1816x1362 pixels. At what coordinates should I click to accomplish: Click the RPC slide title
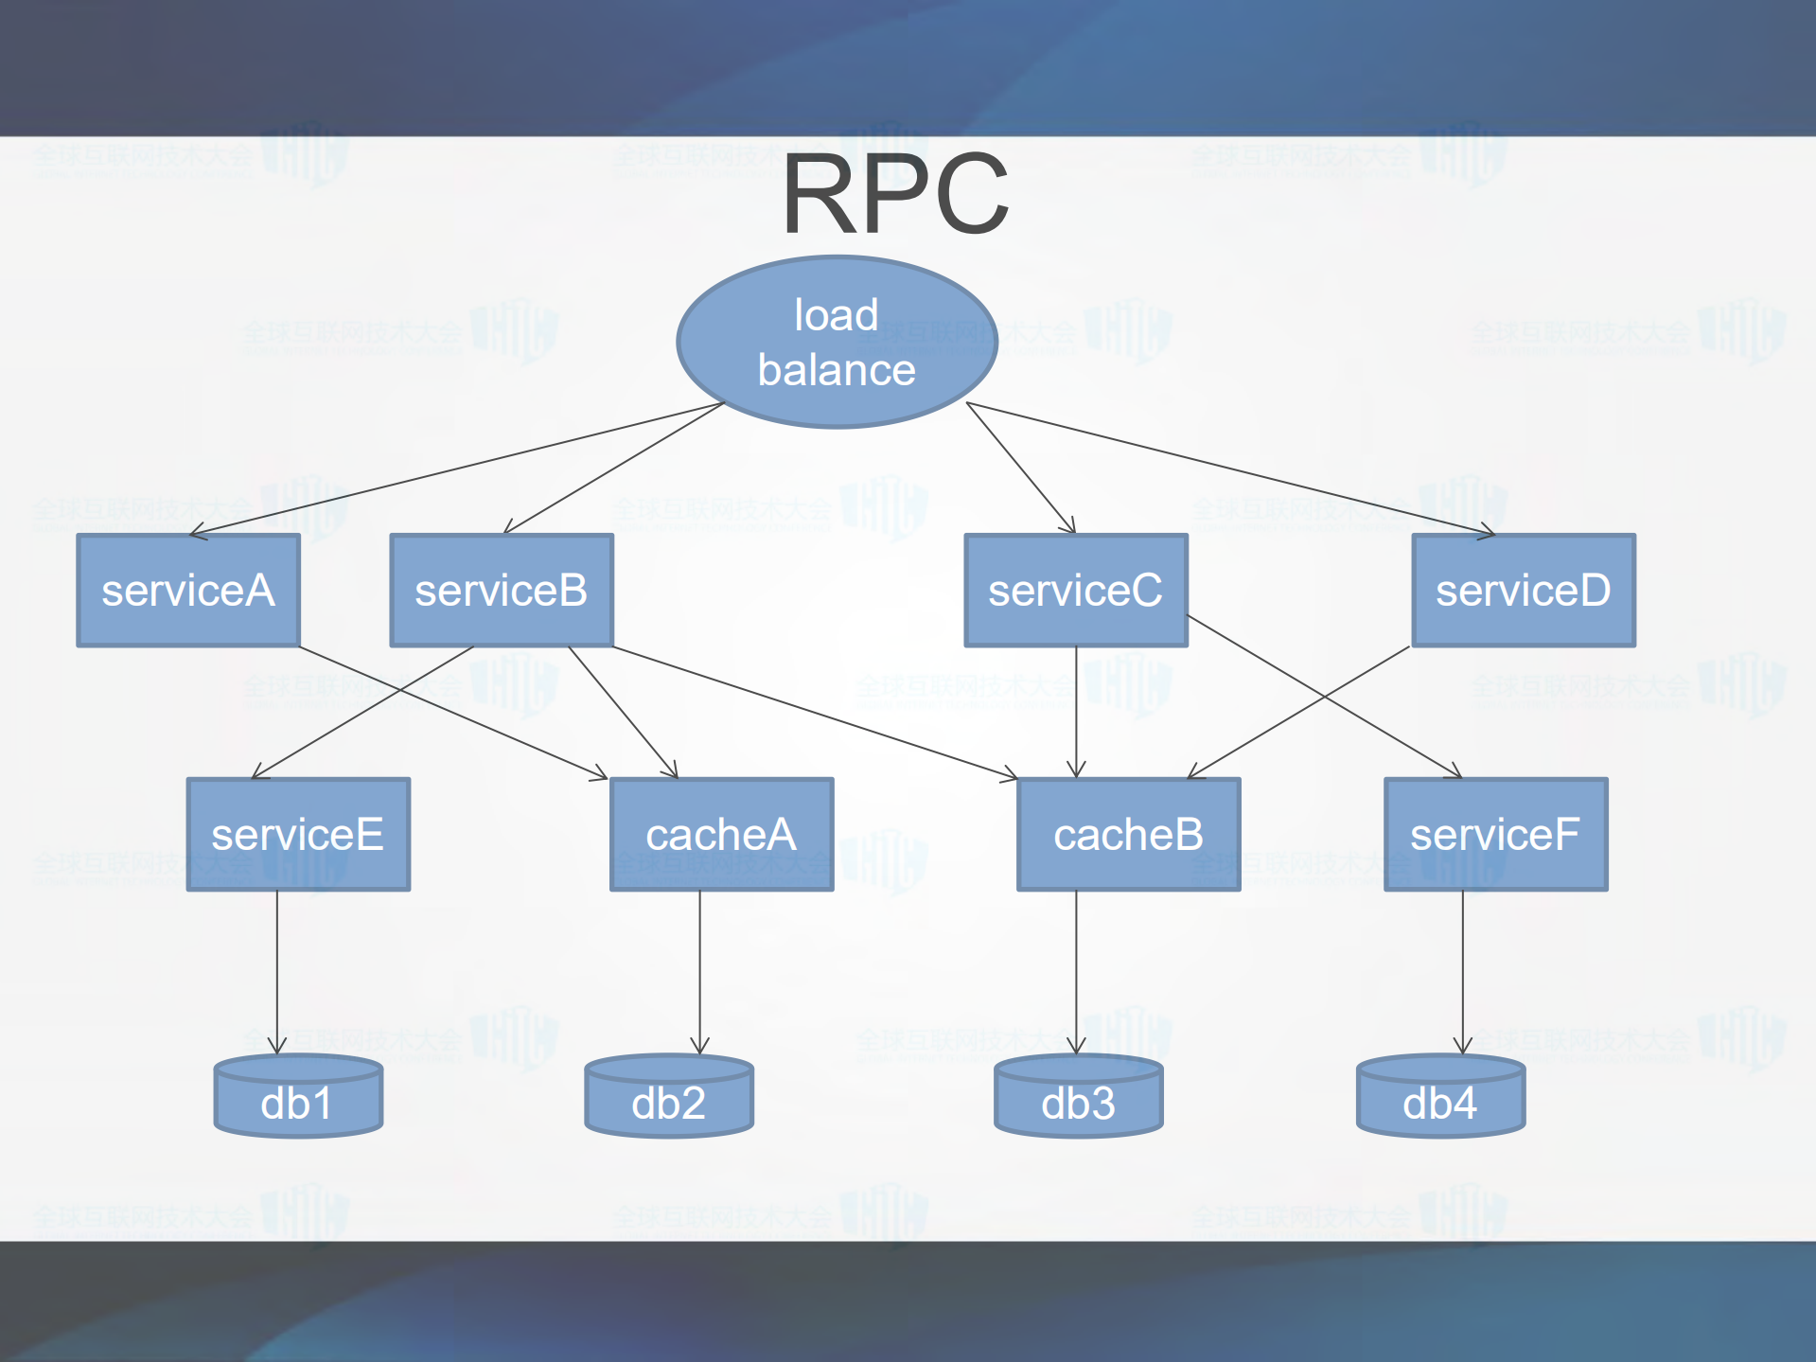pyautogui.click(x=894, y=195)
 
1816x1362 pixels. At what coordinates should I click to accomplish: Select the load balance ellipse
pyautogui.click(x=837, y=342)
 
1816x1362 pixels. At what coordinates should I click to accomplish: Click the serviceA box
pyautogui.click(x=188, y=591)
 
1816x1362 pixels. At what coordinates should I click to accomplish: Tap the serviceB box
pyautogui.click(x=502, y=591)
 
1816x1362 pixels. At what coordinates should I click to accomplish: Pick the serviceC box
pyautogui.click(x=1076, y=591)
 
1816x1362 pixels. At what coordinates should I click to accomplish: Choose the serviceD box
pyautogui.click(x=1524, y=591)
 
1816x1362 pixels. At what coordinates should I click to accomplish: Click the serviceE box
pyautogui.click(x=298, y=835)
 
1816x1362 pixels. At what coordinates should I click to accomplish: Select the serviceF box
pyautogui.click(x=1495, y=835)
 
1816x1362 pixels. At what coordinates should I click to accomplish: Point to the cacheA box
pyautogui.click(x=721, y=835)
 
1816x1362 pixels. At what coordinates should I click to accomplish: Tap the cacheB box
pyautogui.click(x=1128, y=835)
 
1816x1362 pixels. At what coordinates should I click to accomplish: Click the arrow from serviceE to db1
pyautogui.click(x=277, y=970)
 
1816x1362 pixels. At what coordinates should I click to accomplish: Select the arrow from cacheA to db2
pyautogui.click(x=700, y=970)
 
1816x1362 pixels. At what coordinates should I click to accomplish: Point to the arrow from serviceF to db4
pyautogui.click(x=1463, y=970)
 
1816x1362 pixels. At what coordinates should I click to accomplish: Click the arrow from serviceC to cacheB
pyautogui.click(x=1076, y=710)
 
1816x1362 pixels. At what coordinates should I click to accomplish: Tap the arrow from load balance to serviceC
pyautogui.click(x=1020, y=467)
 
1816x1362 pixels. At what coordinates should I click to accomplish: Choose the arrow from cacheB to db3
pyautogui.click(x=1076, y=970)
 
